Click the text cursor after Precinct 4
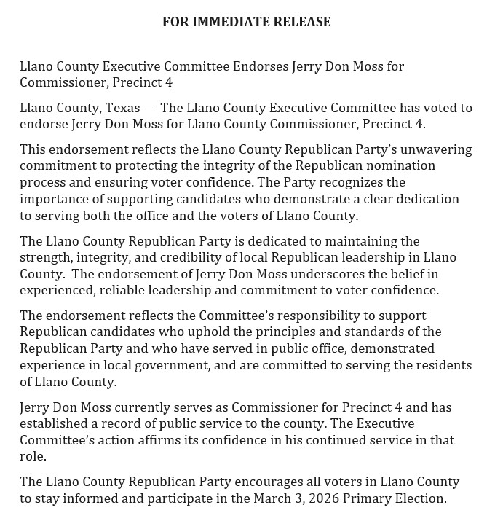coord(173,82)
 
